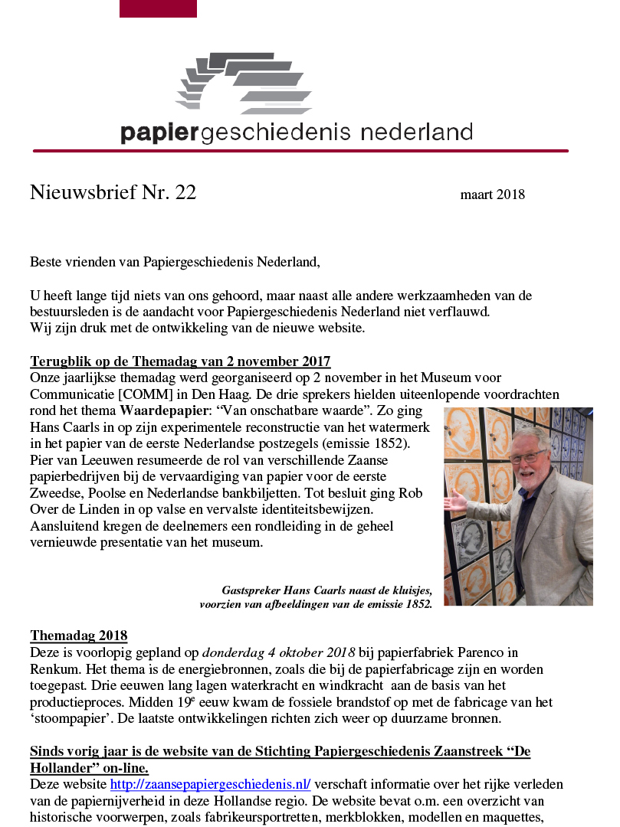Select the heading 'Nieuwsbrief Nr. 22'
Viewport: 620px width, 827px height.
113,192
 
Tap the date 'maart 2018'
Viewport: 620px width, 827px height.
492,194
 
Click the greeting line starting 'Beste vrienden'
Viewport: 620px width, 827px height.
174,262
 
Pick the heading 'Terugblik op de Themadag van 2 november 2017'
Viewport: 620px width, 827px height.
180,361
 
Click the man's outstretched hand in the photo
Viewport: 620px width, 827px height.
458,502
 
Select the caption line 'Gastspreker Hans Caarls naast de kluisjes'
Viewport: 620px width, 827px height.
326,590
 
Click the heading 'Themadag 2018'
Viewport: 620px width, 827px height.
78,636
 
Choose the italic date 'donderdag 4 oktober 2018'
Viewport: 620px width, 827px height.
278,652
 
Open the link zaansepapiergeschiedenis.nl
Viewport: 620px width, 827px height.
210,784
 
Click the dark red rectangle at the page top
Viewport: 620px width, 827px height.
158,8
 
